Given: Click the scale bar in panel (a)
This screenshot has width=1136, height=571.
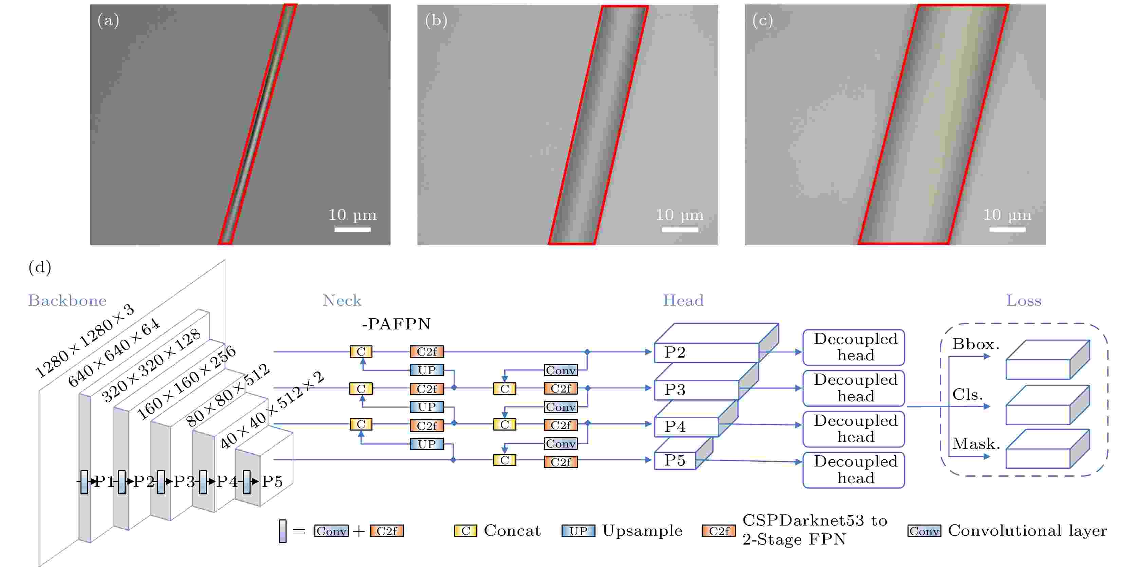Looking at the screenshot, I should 352,229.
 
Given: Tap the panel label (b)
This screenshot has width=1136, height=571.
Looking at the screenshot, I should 436,20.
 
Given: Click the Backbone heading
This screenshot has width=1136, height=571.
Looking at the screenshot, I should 67,301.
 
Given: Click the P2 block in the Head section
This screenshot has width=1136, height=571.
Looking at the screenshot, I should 706,353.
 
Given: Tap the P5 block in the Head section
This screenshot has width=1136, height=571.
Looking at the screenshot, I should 675,460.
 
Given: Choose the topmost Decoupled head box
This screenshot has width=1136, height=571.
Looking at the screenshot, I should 854,347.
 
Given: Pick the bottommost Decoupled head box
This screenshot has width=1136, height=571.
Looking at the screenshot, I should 854,470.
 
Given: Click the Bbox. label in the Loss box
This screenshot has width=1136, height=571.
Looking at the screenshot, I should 975,344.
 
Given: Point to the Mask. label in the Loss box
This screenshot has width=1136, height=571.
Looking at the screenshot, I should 976,444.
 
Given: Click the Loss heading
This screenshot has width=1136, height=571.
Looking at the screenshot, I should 1024,301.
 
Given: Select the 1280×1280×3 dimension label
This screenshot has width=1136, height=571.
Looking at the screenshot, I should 84,341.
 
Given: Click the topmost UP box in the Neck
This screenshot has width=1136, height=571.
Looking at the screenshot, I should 426,370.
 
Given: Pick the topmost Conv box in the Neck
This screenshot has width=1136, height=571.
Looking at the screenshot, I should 561,370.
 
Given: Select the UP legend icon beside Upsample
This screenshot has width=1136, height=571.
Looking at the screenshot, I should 578,531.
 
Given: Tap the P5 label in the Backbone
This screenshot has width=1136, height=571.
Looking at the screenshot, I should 272,481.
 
